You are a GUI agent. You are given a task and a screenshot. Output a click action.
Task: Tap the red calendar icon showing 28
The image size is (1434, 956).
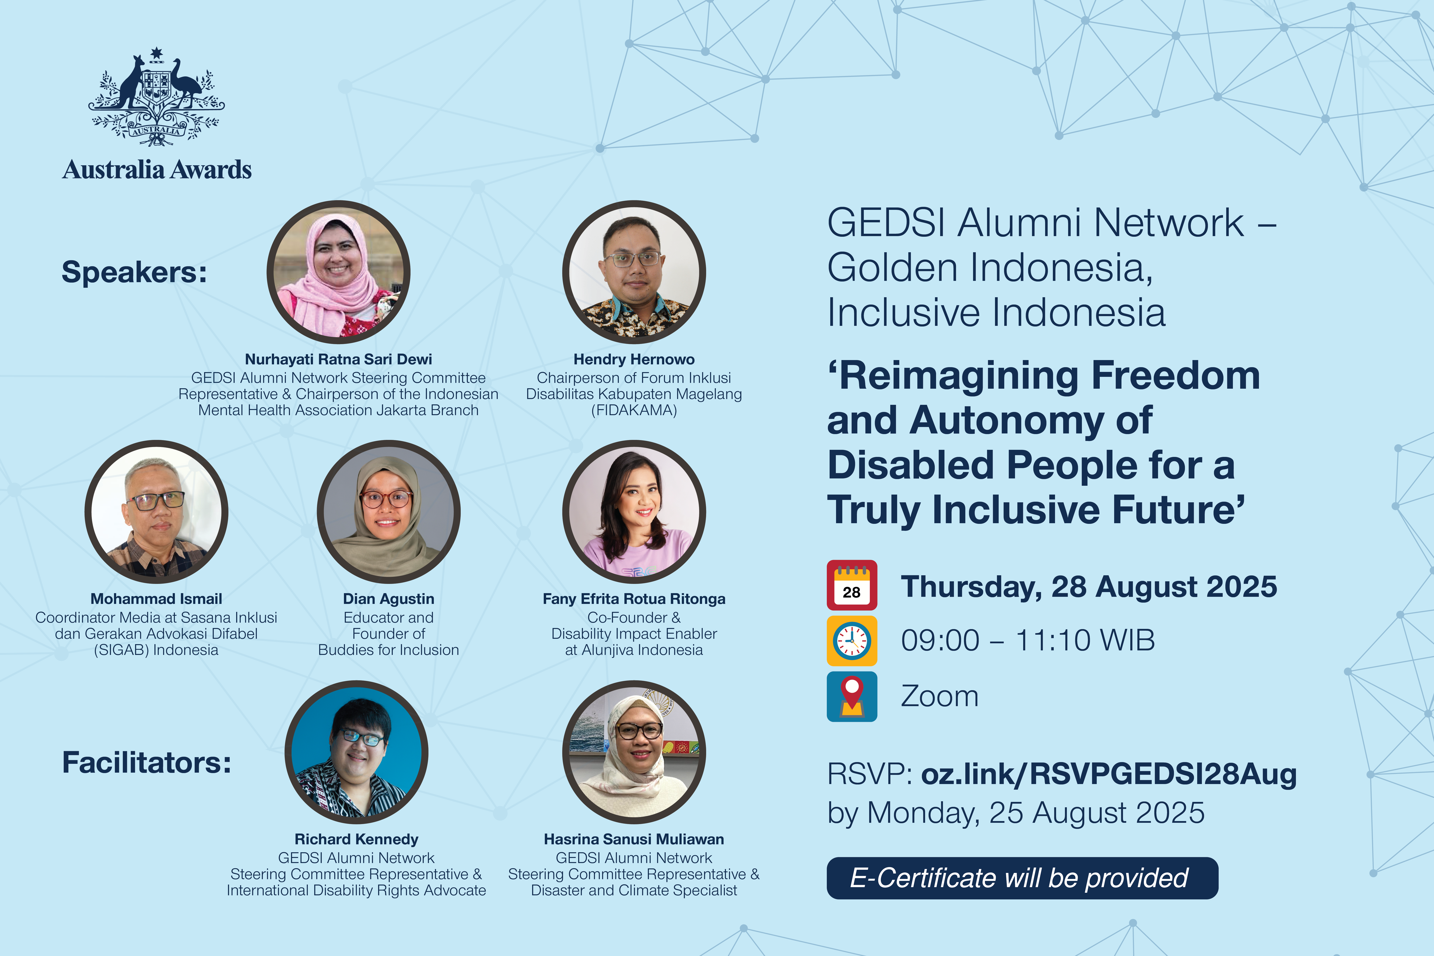852,585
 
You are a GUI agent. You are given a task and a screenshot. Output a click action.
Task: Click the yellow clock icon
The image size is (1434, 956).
852,641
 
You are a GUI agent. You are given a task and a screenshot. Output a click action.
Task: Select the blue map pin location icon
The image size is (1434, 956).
852,696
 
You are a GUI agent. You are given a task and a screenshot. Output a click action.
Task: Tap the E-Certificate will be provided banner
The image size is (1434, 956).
1022,878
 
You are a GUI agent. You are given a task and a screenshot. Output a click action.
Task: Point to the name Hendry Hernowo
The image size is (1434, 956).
634,360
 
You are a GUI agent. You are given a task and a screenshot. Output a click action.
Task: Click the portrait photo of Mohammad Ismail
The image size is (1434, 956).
157,512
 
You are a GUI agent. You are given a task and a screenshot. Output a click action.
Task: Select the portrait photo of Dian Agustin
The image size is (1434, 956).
389,512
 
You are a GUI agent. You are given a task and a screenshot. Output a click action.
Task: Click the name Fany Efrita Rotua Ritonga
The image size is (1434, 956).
634,599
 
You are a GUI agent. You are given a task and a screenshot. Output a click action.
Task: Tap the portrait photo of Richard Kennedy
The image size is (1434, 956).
356,752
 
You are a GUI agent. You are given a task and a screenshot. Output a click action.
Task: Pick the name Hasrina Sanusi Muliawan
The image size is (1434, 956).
634,840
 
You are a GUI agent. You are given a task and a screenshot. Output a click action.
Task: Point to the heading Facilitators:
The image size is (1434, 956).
147,763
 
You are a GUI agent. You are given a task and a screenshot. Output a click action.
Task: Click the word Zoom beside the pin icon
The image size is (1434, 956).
939,696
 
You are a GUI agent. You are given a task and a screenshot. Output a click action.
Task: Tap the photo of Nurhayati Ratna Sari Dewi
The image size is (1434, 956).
339,272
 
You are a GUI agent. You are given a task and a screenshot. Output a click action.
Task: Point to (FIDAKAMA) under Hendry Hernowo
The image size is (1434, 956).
634,410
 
